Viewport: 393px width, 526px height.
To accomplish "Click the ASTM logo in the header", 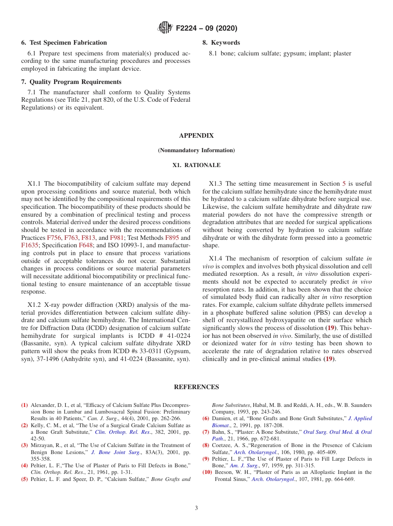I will [x=165, y=28].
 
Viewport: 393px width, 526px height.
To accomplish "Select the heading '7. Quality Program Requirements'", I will [x=71, y=82].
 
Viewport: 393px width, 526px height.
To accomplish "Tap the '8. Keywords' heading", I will [x=221, y=43].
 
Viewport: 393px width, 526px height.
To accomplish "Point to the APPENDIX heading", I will [x=196, y=136].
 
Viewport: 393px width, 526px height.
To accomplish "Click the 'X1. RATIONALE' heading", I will [x=196, y=165].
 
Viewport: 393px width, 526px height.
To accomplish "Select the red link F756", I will [x=54, y=238].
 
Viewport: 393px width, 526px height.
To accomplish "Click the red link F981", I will [x=116, y=238].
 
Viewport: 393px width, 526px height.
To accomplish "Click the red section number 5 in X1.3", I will [x=344, y=184].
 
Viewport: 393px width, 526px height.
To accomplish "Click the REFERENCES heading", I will [x=196, y=387].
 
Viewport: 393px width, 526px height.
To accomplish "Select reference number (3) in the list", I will [x=25, y=445].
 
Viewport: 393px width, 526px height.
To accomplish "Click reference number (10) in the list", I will [x=207, y=472].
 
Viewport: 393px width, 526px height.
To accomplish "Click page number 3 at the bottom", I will [x=196, y=508].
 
